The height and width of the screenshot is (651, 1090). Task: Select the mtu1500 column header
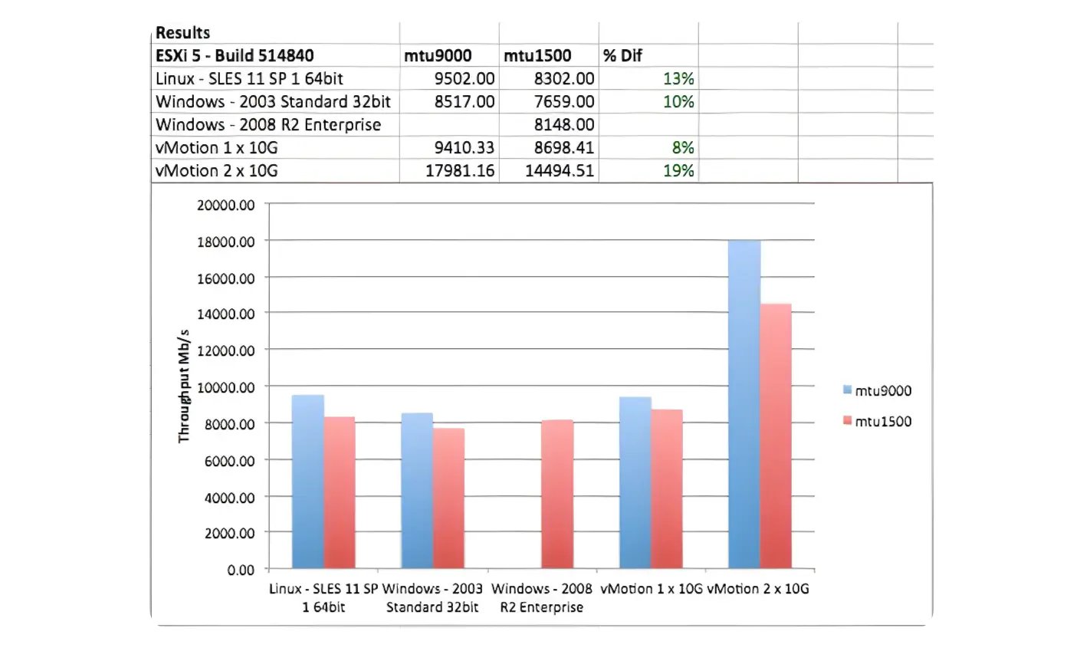[x=537, y=55]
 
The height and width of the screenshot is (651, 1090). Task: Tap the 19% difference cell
[x=678, y=170]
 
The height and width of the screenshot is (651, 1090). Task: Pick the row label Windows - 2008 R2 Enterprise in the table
[x=268, y=124]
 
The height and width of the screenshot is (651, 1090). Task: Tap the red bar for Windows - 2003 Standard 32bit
[x=448, y=498]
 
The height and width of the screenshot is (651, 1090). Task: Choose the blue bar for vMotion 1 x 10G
[x=635, y=483]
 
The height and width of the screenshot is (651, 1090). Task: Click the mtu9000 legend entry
[x=878, y=391]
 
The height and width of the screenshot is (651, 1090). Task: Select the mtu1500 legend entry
[x=878, y=421]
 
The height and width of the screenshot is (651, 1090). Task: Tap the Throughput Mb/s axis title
[x=184, y=385]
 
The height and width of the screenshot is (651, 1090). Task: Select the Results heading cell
[x=183, y=33]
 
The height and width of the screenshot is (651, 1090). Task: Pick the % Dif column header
[x=622, y=55]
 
